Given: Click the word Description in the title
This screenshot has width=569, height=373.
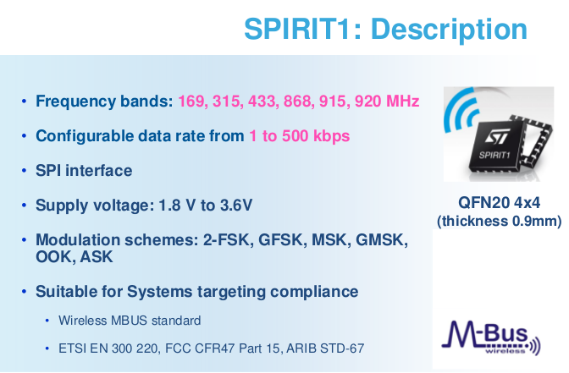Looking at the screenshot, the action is click(x=449, y=30).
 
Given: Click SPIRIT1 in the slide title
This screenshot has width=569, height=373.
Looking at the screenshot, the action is click(x=298, y=29).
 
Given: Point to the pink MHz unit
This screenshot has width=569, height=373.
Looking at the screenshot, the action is click(x=403, y=101).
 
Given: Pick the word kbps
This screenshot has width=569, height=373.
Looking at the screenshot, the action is click(x=331, y=137).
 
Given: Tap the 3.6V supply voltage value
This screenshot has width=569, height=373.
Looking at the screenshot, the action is click(x=236, y=206).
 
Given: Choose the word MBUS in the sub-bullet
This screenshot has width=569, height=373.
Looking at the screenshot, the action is click(x=129, y=321).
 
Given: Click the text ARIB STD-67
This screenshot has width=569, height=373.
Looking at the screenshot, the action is click(x=325, y=348).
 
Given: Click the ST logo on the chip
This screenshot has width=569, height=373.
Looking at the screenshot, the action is click(x=498, y=136).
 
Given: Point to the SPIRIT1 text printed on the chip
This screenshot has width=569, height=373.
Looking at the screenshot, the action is click(x=494, y=156).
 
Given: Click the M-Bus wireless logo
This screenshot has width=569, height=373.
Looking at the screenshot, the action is click(x=490, y=337).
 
